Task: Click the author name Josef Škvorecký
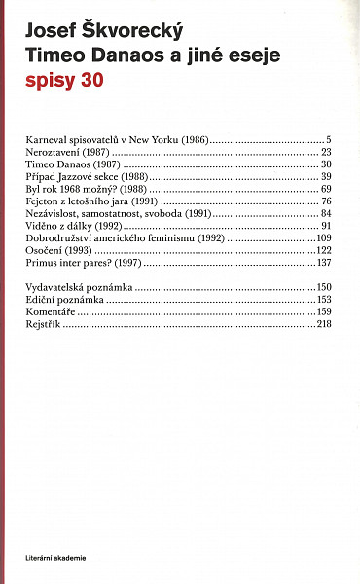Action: point(106,30)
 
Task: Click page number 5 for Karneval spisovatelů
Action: point(330,140)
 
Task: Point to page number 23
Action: point(327,153)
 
